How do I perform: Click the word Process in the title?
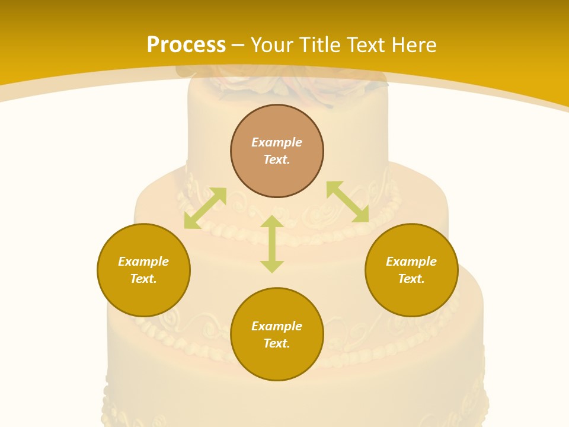tap(186, 45)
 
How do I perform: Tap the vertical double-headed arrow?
tap(272, 244)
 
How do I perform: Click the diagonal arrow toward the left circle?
tap(205, 208)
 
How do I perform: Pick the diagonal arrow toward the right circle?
tap(347, 202)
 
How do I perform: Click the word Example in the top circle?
tap(277, 142)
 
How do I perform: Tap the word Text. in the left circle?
tap(143, 279)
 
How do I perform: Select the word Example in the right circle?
tap(411, 262)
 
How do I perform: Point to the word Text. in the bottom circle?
tap(277, 343)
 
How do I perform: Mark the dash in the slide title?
tap(238, 46)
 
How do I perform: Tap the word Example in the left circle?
tap(143, 262)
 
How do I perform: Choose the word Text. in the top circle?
tap(277, 160)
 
